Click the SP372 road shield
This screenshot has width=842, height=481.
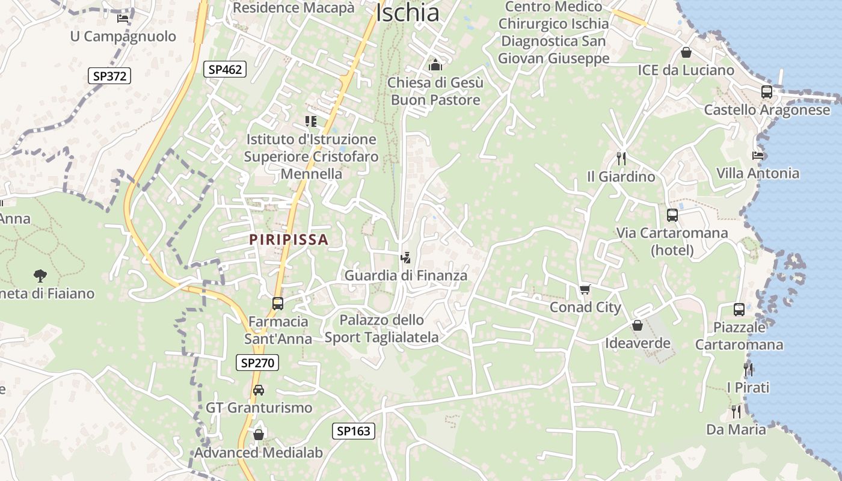coord(109,76)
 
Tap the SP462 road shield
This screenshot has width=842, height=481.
coord(225,69)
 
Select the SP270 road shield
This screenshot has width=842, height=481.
coord(257,363)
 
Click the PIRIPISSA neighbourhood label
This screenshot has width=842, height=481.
coord(289,240)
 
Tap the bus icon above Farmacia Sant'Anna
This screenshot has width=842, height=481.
coord(278,304)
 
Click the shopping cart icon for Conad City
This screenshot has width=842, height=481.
coord(585,290)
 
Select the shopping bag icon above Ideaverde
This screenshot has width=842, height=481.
coord(638,325)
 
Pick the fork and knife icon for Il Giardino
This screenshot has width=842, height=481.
coord(621,159)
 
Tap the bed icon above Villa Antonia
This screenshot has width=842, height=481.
coord(758,156)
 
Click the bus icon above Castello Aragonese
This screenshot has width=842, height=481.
coord(767,92)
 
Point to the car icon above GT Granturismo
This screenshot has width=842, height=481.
coord(259,390)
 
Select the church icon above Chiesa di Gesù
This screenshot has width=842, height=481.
coord(435,64)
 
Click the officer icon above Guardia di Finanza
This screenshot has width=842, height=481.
coord(405,258)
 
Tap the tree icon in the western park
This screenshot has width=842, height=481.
coord(40,276)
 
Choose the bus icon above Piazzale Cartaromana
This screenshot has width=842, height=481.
coord(739,310)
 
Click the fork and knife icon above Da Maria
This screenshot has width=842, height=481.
coord(736,412)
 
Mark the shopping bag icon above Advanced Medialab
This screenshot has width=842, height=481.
coord(259,434)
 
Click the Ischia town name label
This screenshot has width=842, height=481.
coord(407,13)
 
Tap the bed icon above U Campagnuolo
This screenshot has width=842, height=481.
coord(123,19)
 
